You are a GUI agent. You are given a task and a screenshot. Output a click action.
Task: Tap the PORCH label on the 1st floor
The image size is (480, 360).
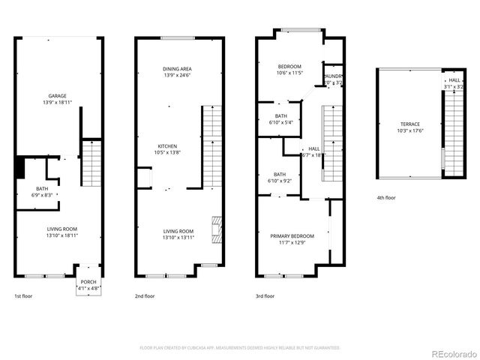88,283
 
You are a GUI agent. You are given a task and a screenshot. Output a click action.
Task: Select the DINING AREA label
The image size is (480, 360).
178,69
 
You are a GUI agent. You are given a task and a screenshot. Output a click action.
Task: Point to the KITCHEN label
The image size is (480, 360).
167,145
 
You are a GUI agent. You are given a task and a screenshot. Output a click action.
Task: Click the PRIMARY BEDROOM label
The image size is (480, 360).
292,235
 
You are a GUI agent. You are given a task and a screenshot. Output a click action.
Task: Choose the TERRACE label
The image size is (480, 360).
409,124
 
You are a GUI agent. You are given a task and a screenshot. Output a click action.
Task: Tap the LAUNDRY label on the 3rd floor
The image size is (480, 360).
333,76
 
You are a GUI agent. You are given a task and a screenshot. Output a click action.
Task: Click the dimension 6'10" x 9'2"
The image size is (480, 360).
280,181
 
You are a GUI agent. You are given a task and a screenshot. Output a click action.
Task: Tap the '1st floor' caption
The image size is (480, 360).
23,296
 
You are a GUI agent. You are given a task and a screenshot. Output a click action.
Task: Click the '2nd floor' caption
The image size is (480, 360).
144,296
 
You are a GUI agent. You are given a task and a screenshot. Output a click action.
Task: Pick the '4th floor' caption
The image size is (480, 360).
386,198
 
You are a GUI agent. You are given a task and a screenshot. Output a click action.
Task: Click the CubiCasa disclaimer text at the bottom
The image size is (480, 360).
240,348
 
